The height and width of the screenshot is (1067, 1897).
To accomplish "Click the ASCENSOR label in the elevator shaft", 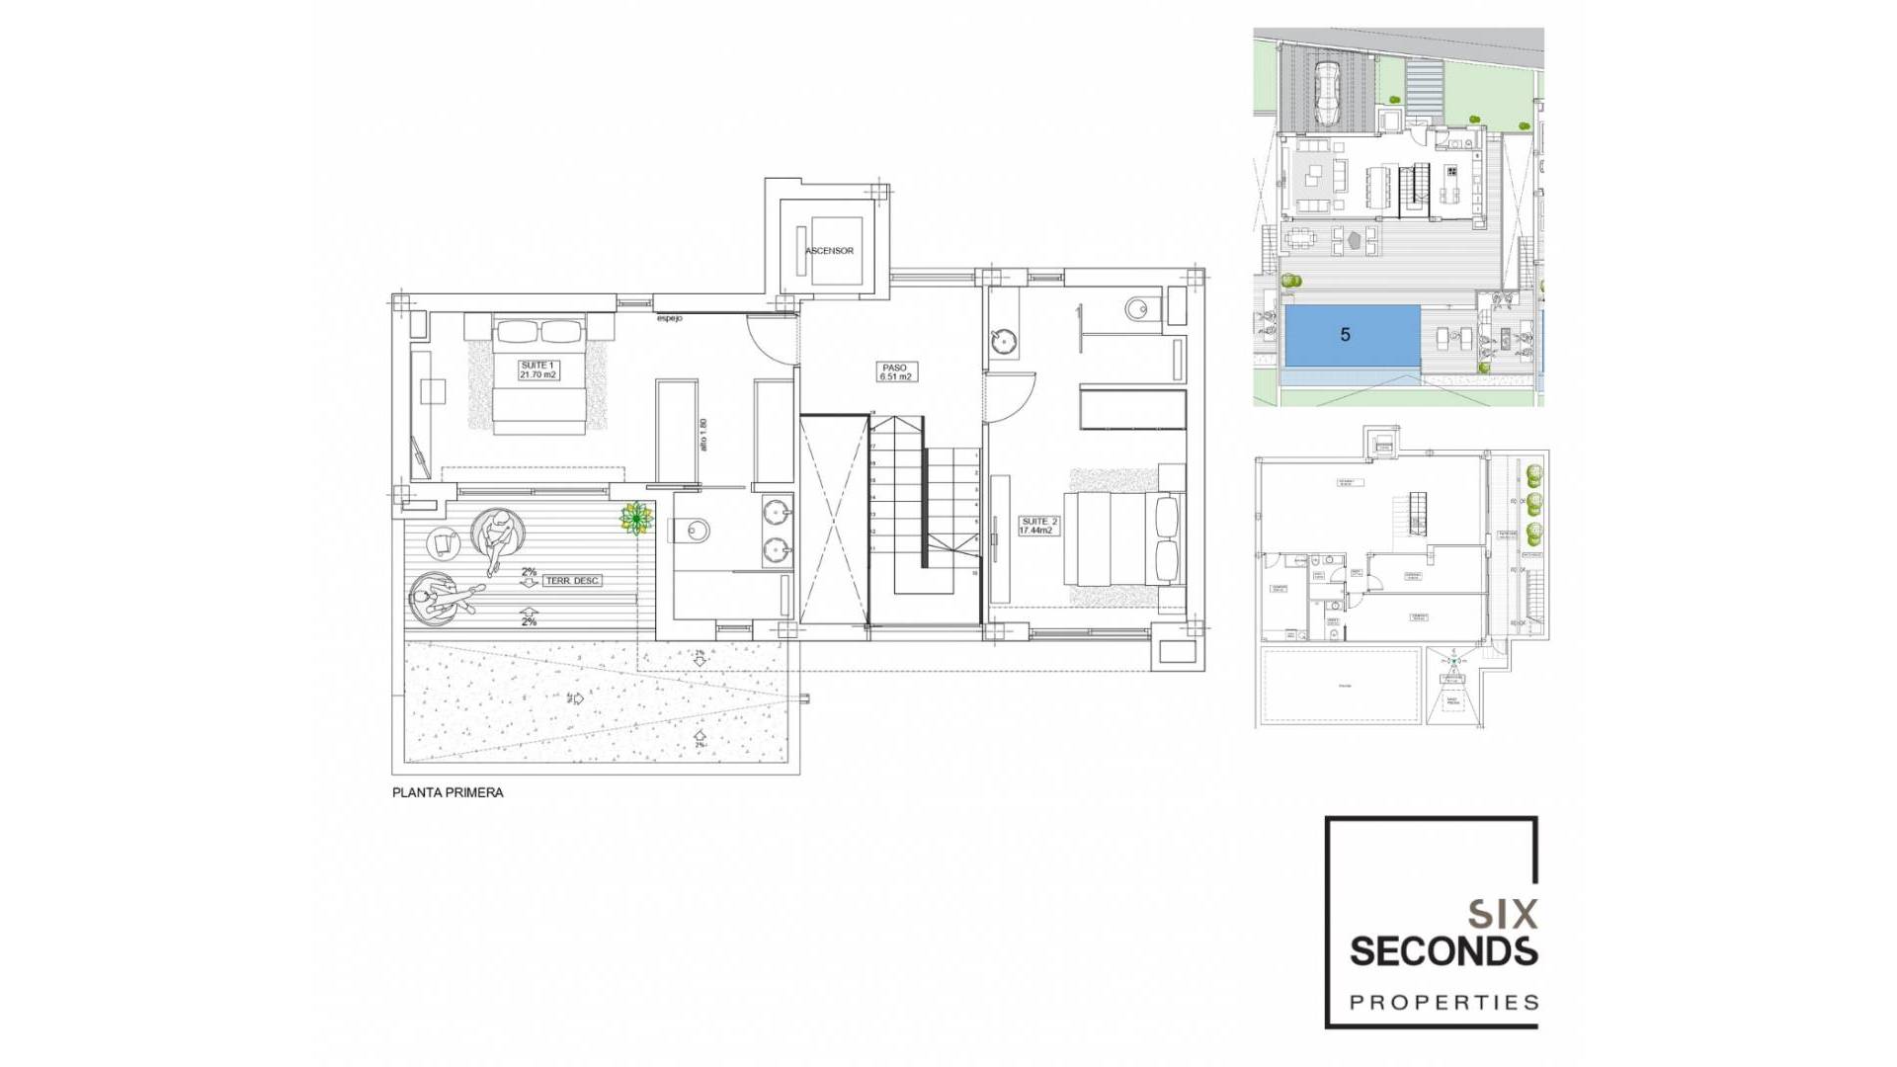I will [x=829, y=251].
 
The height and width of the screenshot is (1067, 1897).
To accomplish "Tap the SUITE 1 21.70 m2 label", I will [x=538, y=369].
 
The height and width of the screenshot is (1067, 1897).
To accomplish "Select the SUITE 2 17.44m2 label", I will [x=1037, y=526].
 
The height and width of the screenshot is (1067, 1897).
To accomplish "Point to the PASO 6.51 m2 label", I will [x=896, y=371].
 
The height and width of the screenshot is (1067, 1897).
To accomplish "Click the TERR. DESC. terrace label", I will [x=572, y=581].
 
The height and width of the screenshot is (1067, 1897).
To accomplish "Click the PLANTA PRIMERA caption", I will [x=448, y=792].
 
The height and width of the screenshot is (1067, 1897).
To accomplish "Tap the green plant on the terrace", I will [x=636, y=519].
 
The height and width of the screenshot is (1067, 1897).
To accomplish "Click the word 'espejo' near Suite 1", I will [x=669, y=318].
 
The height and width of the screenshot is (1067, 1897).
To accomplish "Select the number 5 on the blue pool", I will [x=1345, y=335].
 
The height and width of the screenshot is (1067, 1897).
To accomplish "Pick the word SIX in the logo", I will [x=1503, y=915].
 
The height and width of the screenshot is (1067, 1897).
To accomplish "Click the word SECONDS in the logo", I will [x=1443, y=951].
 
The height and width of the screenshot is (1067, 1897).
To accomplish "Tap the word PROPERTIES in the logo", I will [x=1443, y=1003].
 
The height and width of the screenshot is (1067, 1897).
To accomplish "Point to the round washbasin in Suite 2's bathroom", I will [x=1004, y=342].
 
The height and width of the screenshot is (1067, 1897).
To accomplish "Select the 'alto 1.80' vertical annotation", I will [x=703, y=435].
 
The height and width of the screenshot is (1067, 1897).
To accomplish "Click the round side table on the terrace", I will [x=443, y=543].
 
